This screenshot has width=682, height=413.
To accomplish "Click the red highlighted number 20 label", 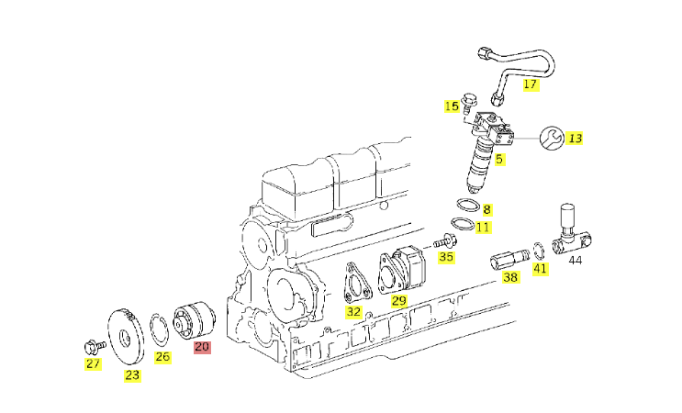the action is pyautogui.click(x=202, y=347).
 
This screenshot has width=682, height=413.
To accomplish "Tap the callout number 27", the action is pyautogui.click(x=93, y=363).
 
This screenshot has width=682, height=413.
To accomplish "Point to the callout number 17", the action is pyautogui.click(x=531, y=84).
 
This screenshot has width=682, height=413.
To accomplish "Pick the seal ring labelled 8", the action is pyautogui.click(x=468, y=205).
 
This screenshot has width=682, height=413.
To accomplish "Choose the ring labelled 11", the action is pyautogui.click(x=463, y=223).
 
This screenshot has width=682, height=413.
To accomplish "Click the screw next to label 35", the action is pyautogui.click(x=445, y=240).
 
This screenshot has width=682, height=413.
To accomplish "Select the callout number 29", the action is pyautogui.click(x=399, y=300).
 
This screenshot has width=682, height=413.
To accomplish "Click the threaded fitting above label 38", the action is pyautogui.click(x=509, y=260).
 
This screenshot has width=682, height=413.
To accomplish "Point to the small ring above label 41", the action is pyautogui.click(x=538, y=251).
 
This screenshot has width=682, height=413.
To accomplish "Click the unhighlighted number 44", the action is pyautogui.click(x=575, y=260).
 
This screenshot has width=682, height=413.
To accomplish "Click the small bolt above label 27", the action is pyautogui.click(x=95, y=347).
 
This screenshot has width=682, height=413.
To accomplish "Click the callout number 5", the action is pyautogui.click(x=499, y=159).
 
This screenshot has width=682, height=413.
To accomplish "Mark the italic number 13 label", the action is pyautogui.click(x=574, y=139).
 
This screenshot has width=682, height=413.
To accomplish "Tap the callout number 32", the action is pyautogui.click(x=353, y=312).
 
